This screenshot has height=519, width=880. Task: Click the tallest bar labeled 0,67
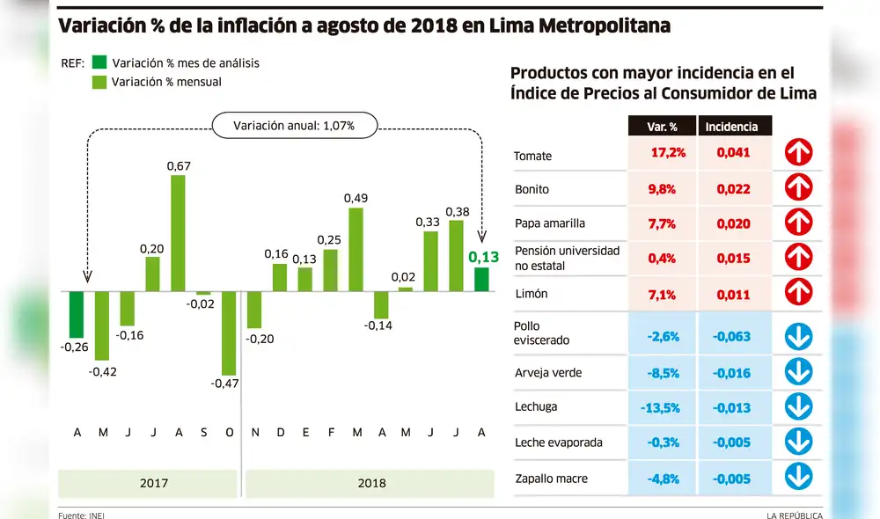(178, 233)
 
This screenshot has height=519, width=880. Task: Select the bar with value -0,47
(229, 333)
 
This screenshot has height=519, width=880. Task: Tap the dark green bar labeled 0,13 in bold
(481, 279)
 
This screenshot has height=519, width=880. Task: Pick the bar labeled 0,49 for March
(356, 249)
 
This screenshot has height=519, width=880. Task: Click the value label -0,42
(101, 371)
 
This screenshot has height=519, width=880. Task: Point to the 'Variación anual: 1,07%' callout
(294, 126)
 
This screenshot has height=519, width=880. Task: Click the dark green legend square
(99, 62)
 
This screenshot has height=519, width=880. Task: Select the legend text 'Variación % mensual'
(167, 82)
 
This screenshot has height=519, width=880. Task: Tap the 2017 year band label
(155, 483)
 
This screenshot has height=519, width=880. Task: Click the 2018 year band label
(370, 483)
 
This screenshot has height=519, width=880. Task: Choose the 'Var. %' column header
(661, 127)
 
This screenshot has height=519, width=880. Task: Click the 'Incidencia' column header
(733, 127)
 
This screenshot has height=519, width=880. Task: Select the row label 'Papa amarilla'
(549, 223)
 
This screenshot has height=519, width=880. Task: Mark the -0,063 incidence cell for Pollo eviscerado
(732, 335)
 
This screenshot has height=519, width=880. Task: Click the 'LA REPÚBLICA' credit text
(794, 515)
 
